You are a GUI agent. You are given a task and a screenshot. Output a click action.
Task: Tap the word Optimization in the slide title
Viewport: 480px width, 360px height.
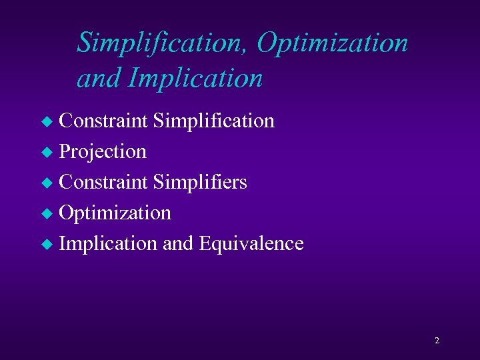tap(332, 43)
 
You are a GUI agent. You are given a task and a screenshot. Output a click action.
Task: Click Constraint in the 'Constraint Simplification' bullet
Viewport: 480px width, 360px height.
tap(103, 121)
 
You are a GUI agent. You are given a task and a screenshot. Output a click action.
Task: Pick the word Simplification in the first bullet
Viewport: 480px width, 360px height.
tap(213, 121)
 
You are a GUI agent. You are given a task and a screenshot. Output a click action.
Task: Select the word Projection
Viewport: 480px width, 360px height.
tap(103, 152)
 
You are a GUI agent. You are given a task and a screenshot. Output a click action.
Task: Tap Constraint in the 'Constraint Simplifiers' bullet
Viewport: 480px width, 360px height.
tap(103, 182)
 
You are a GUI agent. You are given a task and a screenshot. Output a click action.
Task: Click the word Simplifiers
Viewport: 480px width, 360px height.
tap(200, 182)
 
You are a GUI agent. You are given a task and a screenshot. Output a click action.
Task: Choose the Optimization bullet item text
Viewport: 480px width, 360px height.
tap(115, 213)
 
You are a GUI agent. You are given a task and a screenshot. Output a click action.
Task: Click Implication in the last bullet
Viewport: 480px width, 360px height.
tap(109, 243)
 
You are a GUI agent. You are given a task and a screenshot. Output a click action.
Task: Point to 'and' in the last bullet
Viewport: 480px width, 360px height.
tap(177, 243)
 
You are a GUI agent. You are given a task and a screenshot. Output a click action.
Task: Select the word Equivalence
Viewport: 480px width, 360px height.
tap(251, 243)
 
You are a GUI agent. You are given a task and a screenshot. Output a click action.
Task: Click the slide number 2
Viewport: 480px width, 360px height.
tap(437, 341)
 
